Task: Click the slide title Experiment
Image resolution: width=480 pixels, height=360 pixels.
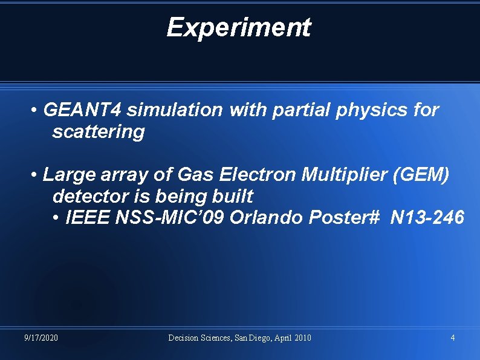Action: (238, 27)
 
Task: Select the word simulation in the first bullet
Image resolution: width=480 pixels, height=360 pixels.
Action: (174, 110)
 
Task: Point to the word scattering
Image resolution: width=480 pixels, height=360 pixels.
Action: (99, 132)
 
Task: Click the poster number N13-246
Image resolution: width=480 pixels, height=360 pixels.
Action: (427, 217)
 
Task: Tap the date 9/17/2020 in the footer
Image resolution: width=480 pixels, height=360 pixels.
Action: (41, 338)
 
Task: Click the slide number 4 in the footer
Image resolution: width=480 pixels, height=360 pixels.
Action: (453, 338)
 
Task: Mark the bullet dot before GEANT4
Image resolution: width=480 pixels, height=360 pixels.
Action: (36, 111)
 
